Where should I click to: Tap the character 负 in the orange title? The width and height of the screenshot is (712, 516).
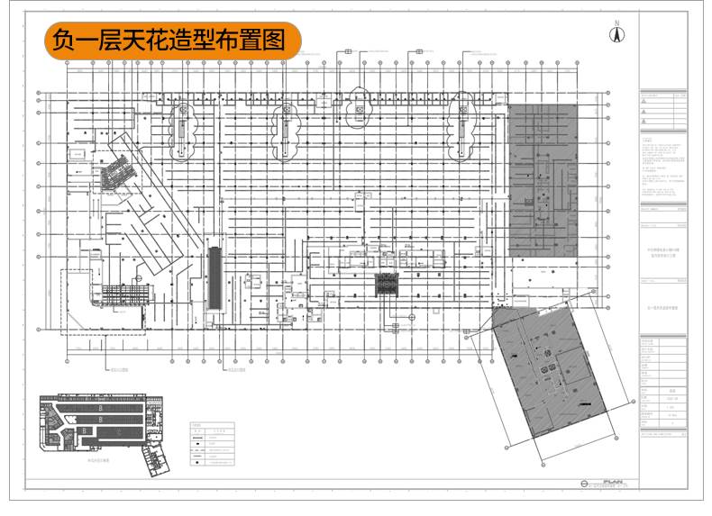click(61, 41)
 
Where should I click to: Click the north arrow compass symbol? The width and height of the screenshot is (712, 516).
click(618, 35)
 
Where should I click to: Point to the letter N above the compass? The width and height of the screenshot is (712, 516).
click(618, 22)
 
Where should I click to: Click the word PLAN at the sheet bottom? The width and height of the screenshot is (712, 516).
click(613, 482)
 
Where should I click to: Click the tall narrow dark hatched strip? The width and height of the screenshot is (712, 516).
click(215, 276)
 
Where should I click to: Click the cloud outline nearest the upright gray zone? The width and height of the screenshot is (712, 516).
click(465, 118)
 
